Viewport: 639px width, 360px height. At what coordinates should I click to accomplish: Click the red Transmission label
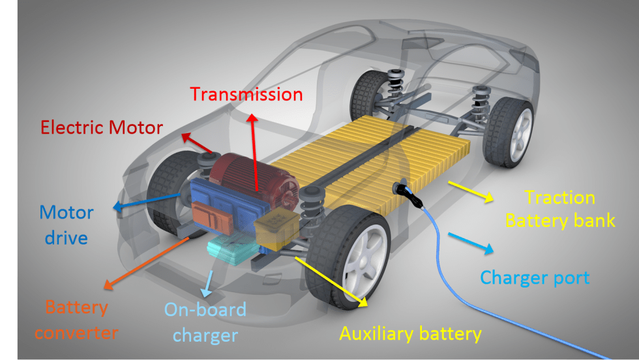coord(246,95)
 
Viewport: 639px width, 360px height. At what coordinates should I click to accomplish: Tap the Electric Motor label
coord(102,126)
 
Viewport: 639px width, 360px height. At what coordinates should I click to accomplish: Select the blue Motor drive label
coord(66,224)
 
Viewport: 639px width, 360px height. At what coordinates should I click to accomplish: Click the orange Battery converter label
coord(76,320)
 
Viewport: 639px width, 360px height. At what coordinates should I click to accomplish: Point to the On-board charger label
coord(205,322)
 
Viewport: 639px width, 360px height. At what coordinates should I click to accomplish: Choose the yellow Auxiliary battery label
coord(410,334)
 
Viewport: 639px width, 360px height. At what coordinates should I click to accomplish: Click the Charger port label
coord(535,278)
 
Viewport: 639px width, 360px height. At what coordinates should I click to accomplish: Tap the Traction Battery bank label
coord(560,209)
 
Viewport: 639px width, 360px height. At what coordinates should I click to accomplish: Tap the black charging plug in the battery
coord(399,188)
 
